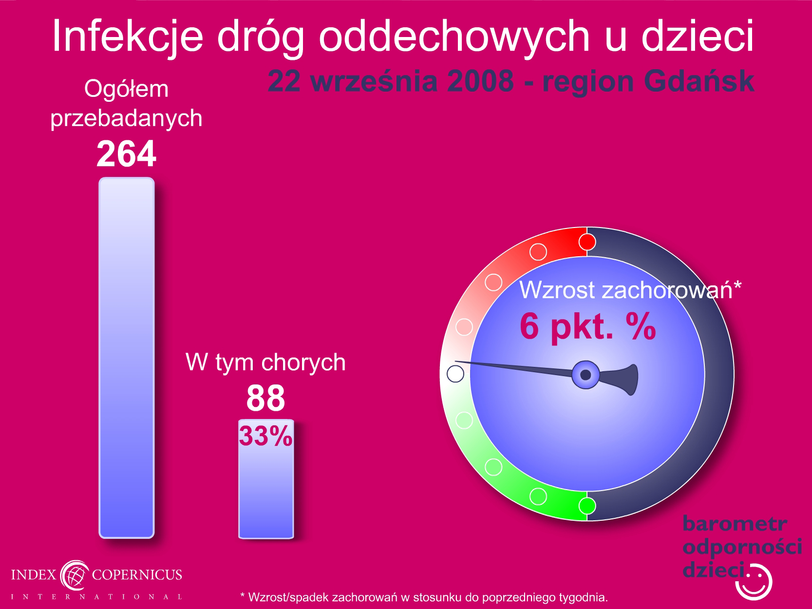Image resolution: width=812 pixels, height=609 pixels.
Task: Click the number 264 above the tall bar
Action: pos(126,153)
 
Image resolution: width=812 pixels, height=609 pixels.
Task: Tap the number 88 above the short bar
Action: pos(265,398)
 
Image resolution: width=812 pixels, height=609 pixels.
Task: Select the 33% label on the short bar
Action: pos(265,436)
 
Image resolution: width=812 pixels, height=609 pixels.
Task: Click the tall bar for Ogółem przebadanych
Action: pos(127,358)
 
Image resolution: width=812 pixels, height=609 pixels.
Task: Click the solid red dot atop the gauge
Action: pos(587,242)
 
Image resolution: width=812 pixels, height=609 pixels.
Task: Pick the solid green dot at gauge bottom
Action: pos(587,506)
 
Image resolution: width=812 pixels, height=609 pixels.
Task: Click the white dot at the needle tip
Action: pos(455,374)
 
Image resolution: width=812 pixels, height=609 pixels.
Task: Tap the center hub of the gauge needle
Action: pos(585,375)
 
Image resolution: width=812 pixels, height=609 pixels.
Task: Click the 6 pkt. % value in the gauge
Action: pos(588,326)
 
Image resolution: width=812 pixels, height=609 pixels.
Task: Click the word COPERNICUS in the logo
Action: pos(137,574)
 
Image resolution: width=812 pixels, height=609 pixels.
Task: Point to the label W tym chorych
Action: pos(265,362)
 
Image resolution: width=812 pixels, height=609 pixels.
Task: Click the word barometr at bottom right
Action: pos(735,524)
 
